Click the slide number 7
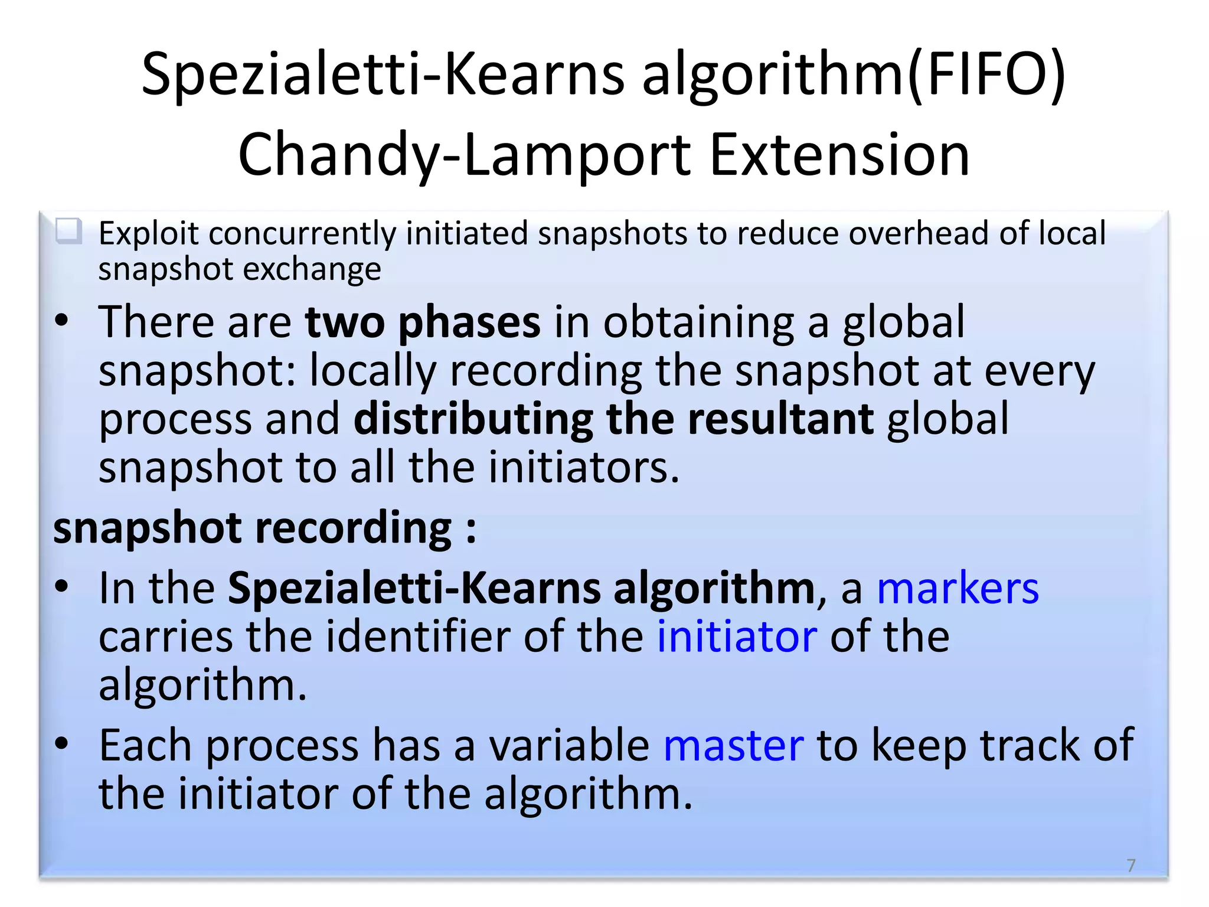click(x=1130, y=865)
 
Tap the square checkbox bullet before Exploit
click(x=69, y=231)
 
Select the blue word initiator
click(x=737, y=637)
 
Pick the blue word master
click(x=733, y=745)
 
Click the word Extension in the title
click(x=839, y=155)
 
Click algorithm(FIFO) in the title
click(x=854, y=74)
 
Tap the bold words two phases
click(x=422, y=322)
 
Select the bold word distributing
click(x=473, y=419)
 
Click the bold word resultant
click(x=780, y=419)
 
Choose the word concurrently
click(x=302, y=233)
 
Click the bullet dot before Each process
click(x=61, y=743)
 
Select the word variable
click(x=569, y=745)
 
